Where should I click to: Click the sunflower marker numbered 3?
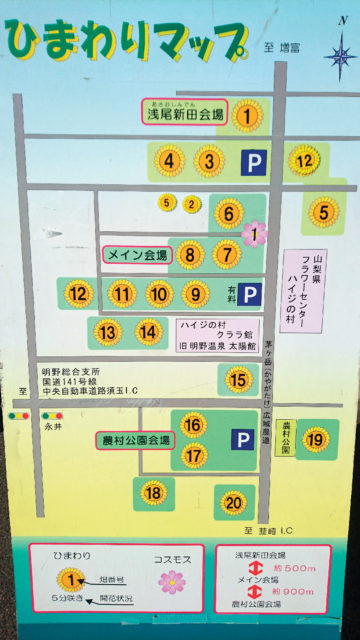click(x=209, y=160)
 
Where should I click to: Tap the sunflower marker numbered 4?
click(x=170, y=160)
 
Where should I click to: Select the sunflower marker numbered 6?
click(x=229, y=214)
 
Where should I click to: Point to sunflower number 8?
click(x=191, y=255)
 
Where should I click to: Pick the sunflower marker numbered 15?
click(x=238, y=380)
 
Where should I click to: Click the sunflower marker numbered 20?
click(x=233, y=502)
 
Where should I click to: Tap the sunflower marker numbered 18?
click(x=153, y=491)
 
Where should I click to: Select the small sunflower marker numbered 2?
click(x=191, y=204)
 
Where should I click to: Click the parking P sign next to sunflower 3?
click(x=256, y=160)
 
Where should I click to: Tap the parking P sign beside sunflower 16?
click(x=242, y=439)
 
